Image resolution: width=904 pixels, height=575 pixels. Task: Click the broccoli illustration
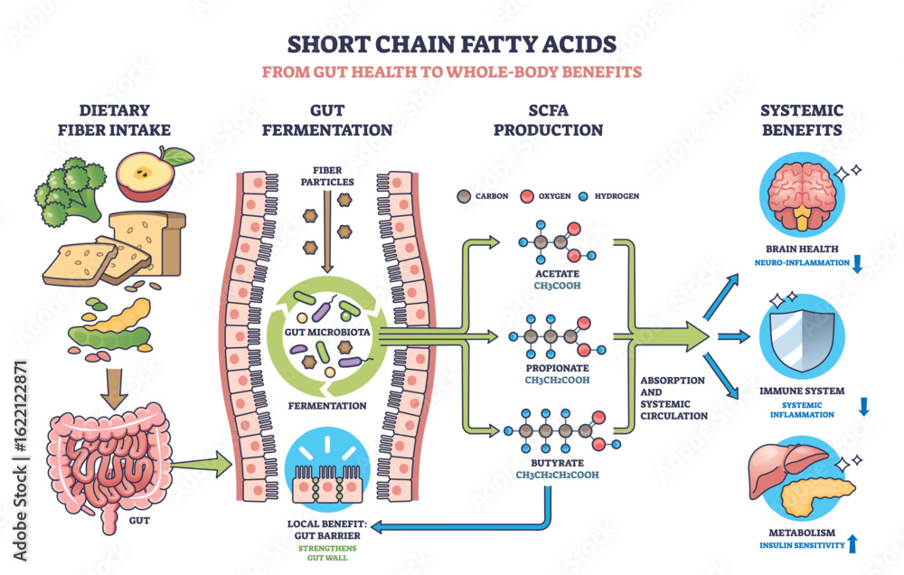[x=68, y=190]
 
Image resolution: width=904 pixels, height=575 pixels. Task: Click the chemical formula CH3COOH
[x=556, y=287]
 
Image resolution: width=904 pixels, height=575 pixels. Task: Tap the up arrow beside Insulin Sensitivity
[x=852, y=544]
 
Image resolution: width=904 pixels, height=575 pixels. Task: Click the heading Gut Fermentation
[x=327, y=120]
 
